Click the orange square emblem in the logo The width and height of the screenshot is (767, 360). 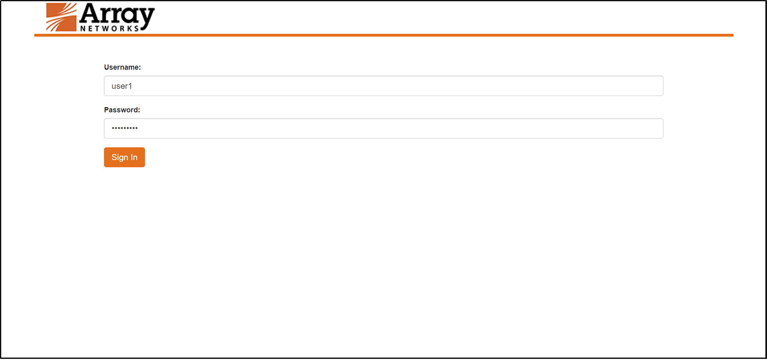click(x=62, y=17)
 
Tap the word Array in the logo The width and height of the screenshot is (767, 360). click(x=117, y=15)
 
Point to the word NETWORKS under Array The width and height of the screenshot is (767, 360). click(x=110, y=28)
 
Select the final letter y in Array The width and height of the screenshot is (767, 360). click(x=146, y=17)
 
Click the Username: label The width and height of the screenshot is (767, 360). click(x=122, y=67)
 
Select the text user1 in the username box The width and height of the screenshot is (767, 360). click(x=121, y=86)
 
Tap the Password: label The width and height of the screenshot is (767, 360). click(x=122, y=110)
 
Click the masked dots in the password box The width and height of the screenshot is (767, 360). click(x=124, y=128)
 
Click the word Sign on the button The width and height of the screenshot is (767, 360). click(x=120, y=157)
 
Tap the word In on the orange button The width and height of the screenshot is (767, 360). click(x=134, y=157)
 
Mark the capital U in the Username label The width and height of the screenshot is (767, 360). click(x=107, y=67)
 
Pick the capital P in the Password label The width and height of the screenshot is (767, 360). click(x=107, y=110)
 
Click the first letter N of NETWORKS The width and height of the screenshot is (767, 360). click(x=83, y=28)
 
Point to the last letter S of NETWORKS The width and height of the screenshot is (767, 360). click(x=137, y=28)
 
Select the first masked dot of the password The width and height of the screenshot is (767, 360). click(x=113, y=128)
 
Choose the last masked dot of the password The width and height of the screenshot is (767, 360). click(x=136, y=128)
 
